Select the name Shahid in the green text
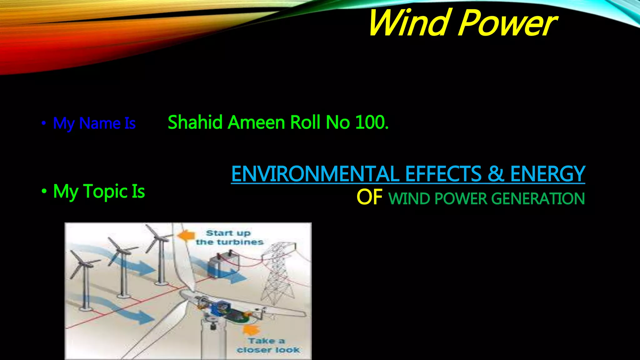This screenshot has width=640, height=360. point(195,122)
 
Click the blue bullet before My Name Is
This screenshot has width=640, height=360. point(44,123)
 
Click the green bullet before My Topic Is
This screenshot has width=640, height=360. point(44,191)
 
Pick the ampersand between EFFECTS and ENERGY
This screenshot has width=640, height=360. point(496,174)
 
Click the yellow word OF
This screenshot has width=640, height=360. point(369,197)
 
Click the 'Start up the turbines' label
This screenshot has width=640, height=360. point(229,237)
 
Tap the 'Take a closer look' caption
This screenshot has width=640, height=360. point(267,345)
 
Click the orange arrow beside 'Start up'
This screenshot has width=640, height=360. point(186,235)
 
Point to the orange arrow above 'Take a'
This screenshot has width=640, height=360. point(252,330)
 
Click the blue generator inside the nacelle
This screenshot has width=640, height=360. point(221,307)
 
